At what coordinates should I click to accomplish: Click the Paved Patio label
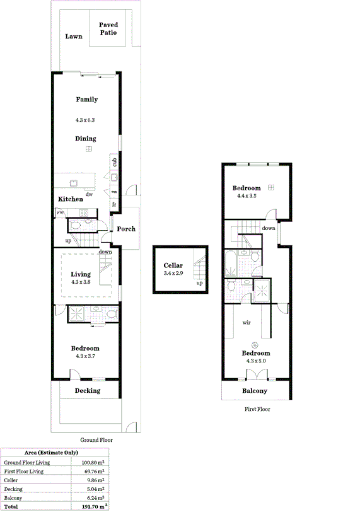(x=108, y=28)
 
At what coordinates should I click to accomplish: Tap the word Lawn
(x=74, y=37)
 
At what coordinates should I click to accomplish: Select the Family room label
(x=87, y=100)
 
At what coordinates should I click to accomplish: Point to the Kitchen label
(x=71, y=199)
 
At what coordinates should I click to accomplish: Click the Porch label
(x=126, y=229)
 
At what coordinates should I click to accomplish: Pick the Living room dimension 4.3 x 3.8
(x=81, y=282)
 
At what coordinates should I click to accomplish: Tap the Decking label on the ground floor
(x=87, y=390)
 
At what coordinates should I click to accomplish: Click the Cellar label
(x=173, y=265)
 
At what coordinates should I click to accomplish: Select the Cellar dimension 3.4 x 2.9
(x=173, y=274)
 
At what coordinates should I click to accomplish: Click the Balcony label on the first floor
(x=255, y=391)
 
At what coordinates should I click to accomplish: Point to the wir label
(x=247, y=322)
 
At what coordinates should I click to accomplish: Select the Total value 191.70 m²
(x=92, y=506)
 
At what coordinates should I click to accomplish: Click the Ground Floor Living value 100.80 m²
(x=93, y=462)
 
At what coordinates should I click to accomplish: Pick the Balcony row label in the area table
(x=14, y=497)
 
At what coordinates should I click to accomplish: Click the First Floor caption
(x=257, y=409)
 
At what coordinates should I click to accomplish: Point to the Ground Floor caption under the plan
(x=96, y=439)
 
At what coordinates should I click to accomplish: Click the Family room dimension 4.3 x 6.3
(x=86, y=119)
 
